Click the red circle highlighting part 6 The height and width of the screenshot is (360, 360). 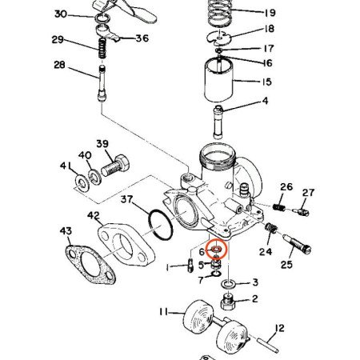click(217, 242)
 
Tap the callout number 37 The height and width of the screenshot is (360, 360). click(126, 199)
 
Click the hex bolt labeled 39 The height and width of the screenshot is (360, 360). click(115, 166)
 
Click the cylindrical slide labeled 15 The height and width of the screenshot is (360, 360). click(218, 80)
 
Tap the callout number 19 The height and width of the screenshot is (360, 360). click(270, 12)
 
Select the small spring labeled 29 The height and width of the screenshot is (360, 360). click(102, 48)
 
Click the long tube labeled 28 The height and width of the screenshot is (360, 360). click(102, 83)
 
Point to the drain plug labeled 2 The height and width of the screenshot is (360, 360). click(227, 301)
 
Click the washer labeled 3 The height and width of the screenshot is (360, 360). click(229, 283)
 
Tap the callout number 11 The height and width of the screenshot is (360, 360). click(163, 311)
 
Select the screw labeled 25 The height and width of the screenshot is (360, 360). click(297, 242)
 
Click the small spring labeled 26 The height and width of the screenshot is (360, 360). click(279, 207)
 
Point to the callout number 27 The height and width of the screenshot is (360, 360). click(308, 192)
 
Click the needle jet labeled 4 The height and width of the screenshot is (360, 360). click(218, 122)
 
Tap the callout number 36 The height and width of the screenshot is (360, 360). click(142, 38)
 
